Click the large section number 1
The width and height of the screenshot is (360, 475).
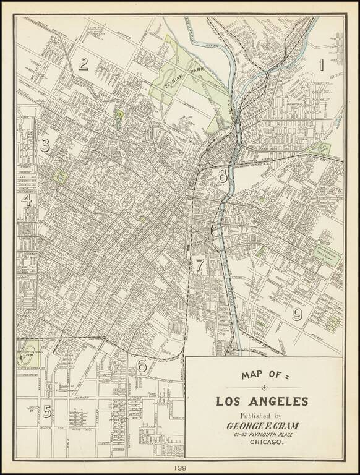(x=320, y=65)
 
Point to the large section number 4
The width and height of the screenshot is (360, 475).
(x=27, y=200)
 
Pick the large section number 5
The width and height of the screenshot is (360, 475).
(x=46, y=410)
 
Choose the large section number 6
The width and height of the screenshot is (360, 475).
(x=142, y=366)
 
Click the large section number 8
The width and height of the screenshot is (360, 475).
(x=223, y=176)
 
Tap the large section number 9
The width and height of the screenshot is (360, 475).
(x=297, y=315)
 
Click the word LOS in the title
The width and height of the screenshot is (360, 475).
(x=229, y=401)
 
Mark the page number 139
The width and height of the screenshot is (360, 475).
(x=180, y=468)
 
